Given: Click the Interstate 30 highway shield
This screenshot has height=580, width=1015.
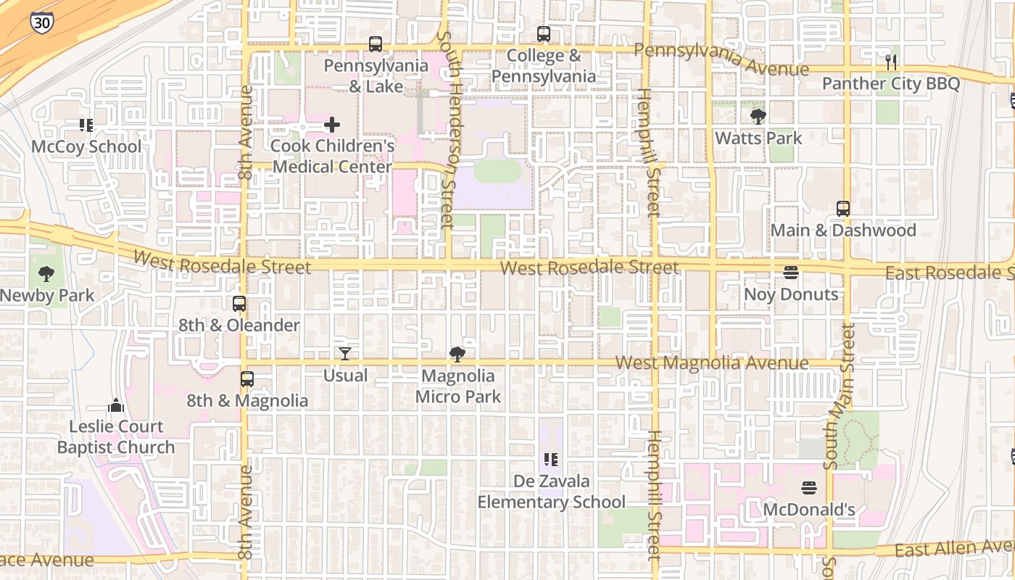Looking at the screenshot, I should coord(41,22).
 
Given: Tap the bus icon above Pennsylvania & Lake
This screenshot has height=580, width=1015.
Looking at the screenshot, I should coord(375,44).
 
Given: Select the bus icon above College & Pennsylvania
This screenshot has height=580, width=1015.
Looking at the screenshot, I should coord(543,33).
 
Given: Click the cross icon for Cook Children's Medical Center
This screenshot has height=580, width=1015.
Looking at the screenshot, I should coord(332,125).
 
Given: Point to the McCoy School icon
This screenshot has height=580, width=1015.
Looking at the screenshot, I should coord(86,125).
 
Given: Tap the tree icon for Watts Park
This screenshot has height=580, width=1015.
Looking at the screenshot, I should coord(758,116).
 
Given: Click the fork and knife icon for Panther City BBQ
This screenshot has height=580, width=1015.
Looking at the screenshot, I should coord(891,62).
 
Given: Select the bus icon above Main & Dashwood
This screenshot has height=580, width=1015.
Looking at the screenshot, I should coord(843,209).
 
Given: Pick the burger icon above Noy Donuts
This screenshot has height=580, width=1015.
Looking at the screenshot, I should coord(791,273).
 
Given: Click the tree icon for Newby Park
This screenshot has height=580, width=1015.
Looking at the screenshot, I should coord(46,274).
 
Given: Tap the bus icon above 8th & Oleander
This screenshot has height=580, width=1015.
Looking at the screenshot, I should coord(239,304).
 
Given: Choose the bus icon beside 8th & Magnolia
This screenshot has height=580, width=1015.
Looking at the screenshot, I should coord(247,379).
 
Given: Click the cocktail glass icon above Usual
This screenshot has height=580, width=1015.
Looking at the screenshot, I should coord(345,354).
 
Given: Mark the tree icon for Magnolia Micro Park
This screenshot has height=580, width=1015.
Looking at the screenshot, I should coord(457,355).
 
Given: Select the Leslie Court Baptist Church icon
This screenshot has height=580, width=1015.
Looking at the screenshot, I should coord(116,405).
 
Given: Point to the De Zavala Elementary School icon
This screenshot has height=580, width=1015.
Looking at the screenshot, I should coord(551,460).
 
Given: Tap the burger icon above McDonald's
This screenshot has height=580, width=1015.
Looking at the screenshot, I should coord(809,488).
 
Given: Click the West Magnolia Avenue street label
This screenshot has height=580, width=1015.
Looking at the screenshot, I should coord(711,362).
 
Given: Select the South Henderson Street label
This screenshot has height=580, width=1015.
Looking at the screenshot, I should coord(447,130).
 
